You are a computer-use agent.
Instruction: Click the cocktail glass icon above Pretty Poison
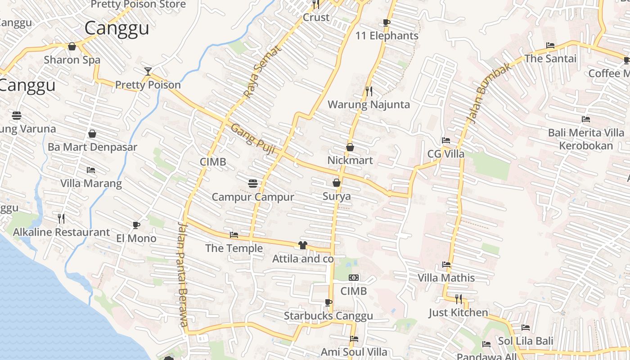(x=148, y=71)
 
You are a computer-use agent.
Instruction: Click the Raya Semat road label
(x=262, y=72)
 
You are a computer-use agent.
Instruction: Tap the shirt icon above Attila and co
(x=302, y=245)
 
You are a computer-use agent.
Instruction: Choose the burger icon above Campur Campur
(x=253, y=183)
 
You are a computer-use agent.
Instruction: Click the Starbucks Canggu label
(x=328, y=316)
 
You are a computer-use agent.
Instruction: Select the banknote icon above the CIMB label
(x=354, y=278)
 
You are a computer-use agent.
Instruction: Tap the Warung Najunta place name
(x=369, y=105)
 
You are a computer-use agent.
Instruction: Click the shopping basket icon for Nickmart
(x=350, y=147)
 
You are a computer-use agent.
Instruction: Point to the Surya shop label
(x=337, y=197)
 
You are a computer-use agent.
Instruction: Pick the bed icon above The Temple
(x=234, y=235)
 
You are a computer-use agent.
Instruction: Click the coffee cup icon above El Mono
(x=136, y=225)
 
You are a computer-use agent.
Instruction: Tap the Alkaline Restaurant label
(x=61, y=232)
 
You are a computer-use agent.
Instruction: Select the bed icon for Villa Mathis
(x=446, y=265)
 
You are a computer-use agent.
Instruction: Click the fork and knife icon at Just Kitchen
(x=458, y=299)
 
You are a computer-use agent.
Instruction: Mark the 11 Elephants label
(x=387, y=36)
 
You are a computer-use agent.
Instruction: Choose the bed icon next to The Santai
(x=550, y=45)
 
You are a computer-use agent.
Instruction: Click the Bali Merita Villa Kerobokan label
(x=586, y=139)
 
